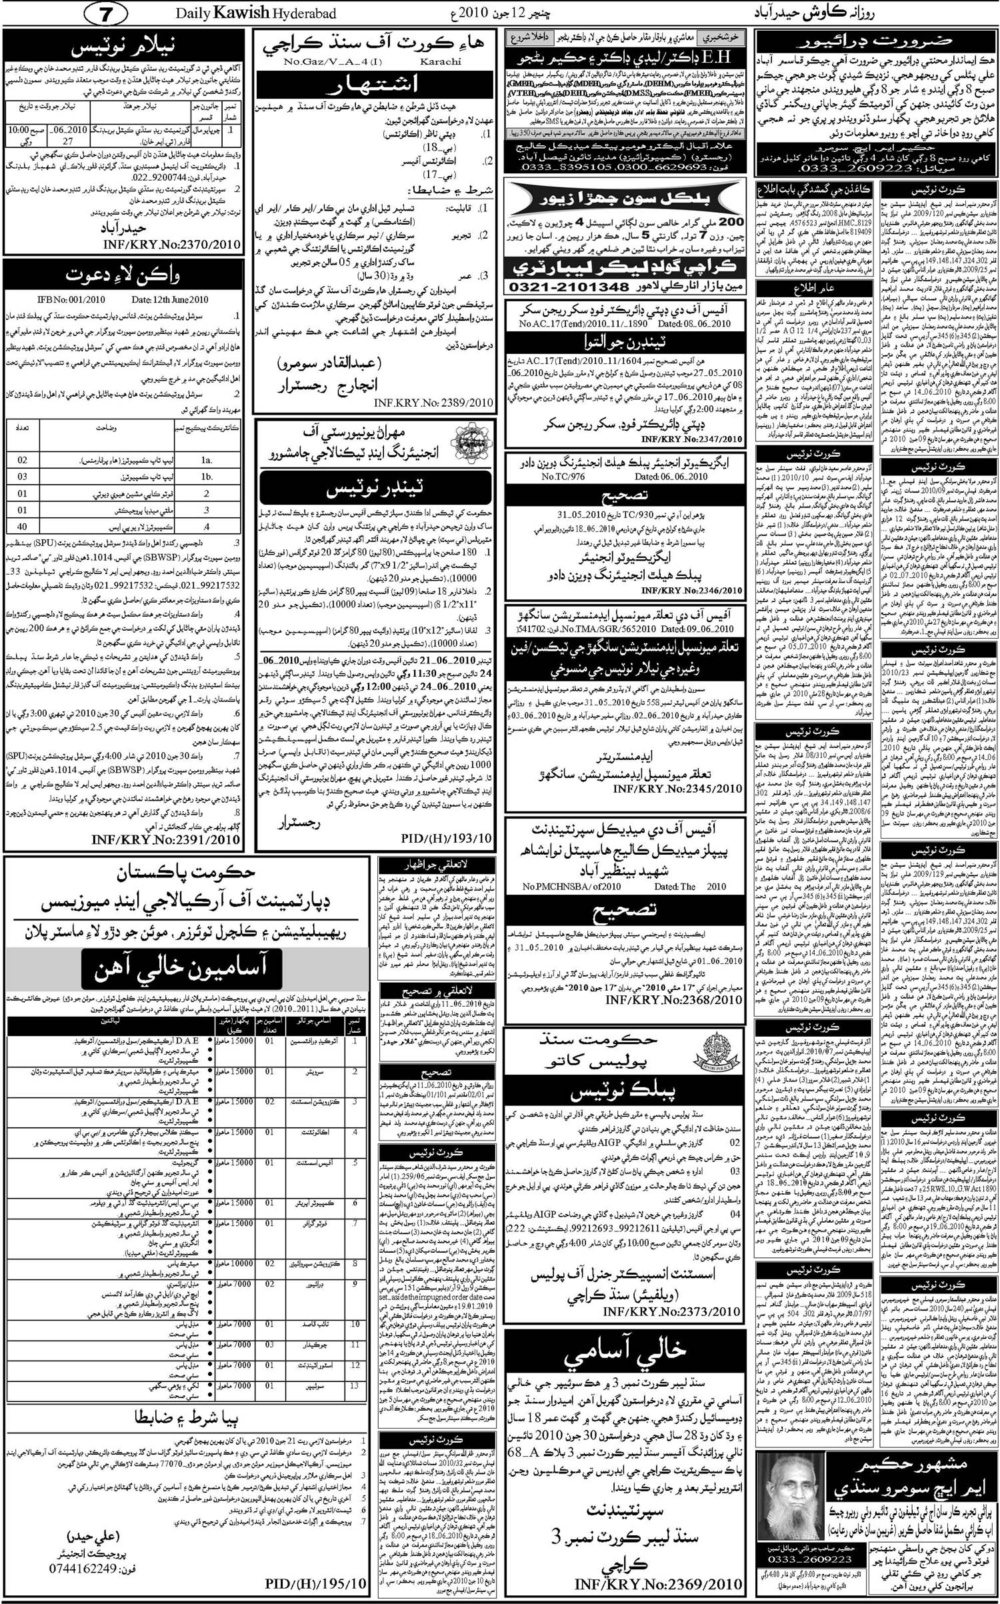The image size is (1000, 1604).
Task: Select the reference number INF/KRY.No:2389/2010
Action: coord(434,403)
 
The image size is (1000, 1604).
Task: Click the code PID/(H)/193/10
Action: coord(447,839)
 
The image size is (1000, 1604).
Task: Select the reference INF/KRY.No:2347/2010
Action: coord(691,439)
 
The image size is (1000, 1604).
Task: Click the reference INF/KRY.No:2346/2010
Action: coord(691,590)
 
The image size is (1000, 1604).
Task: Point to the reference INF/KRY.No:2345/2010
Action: coord(691,789)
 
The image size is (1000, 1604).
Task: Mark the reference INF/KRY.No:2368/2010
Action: coord(691,999)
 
